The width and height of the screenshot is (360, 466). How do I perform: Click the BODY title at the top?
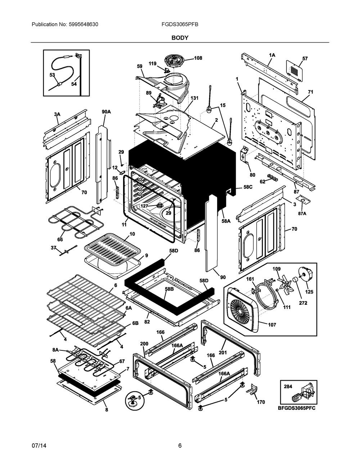pyautogui.click(x=180, y=37)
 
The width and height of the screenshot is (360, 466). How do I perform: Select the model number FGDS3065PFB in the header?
pyautogui.click(x=180, y=24)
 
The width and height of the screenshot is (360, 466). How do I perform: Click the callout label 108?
pyautogui.click(x=198, y=58)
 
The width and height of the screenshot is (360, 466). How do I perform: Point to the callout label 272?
pyautogui.click(x=303, y=303)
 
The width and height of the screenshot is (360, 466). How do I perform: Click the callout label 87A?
pyautogui.click(x=302, y=214)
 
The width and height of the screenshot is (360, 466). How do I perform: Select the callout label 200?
pyautogui.click(x=144, y=344)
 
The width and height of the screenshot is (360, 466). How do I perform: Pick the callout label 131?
pyautogui.click(x=194, y=98)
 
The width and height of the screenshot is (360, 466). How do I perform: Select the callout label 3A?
pyautogui.click(x=57, y=114)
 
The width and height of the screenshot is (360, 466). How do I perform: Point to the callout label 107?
pyautogui.click(x=272, y=325)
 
